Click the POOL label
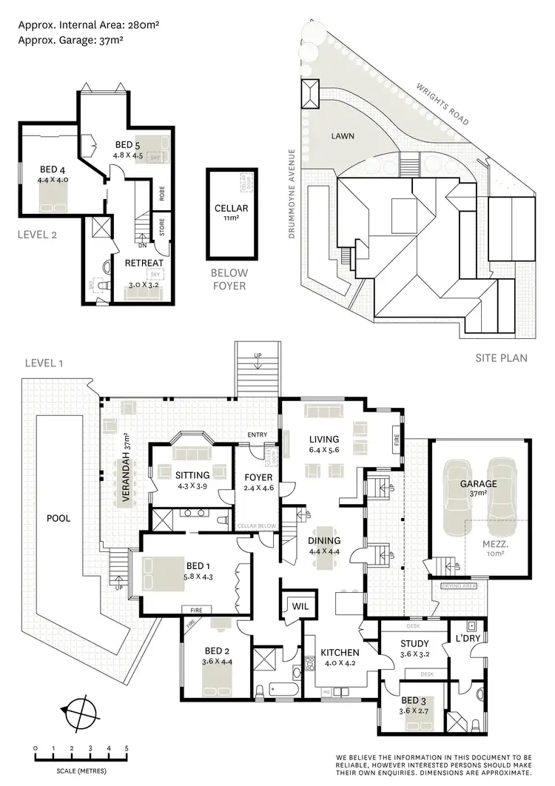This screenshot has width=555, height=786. tap(58, 518)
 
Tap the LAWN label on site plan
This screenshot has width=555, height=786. tap(342, 136)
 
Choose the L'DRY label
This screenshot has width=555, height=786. tap(468, 638)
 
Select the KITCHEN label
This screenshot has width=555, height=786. tap(340, 653)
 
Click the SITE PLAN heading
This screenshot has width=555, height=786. tap(501, 358)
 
